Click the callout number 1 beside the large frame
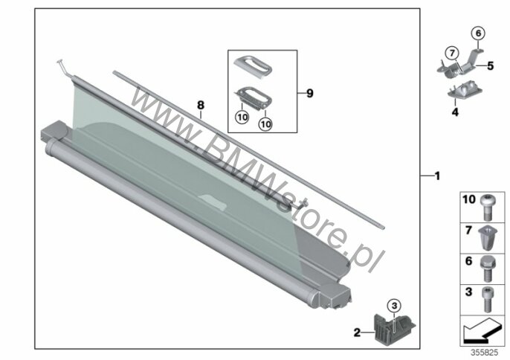tap(437, 176)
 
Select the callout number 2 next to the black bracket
tap(357, 332)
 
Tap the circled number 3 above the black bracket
tap(394, 306)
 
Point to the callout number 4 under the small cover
tap(455, 112)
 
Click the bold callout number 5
tap(490, 65)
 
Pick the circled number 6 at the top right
tap(478, 33)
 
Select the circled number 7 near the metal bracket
tap(452, 53)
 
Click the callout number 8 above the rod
tap(201, 105)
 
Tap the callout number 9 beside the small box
tap(309, 94)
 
